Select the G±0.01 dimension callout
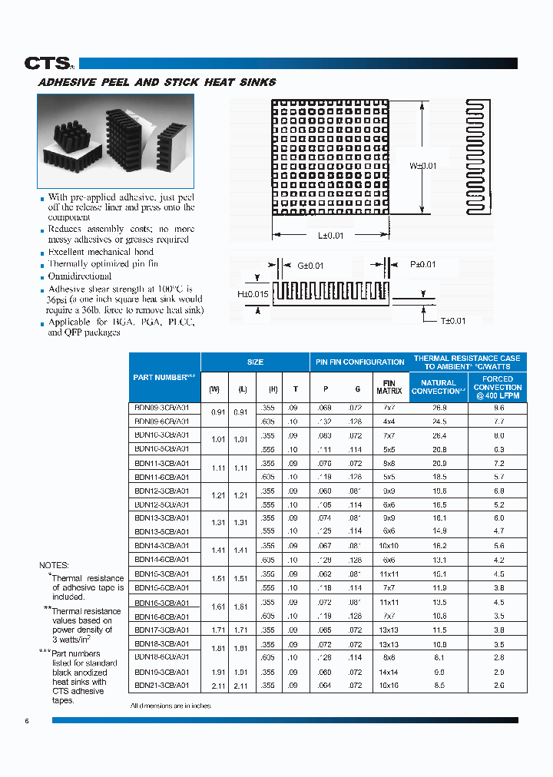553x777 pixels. click(x=310, y=266)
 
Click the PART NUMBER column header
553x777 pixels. click(x=164, y=377)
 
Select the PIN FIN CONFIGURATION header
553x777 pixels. click(x=359, y=362)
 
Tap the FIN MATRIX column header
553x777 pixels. click(x=389, y=387)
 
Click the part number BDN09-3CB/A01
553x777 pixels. click(x=161, y=408)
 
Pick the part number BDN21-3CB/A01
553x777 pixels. click(x=161, y=685)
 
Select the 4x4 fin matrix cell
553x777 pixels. click(x=389, y=422)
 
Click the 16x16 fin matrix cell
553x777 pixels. click(x=389, y=685)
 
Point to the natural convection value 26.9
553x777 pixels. click(x=439, y=408)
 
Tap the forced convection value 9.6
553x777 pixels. click(x=498, y=408)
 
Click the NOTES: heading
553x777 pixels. click(x=54, y=565)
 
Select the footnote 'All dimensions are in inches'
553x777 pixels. click(x=171, y=705)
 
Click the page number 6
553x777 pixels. click(x=27, y=720)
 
